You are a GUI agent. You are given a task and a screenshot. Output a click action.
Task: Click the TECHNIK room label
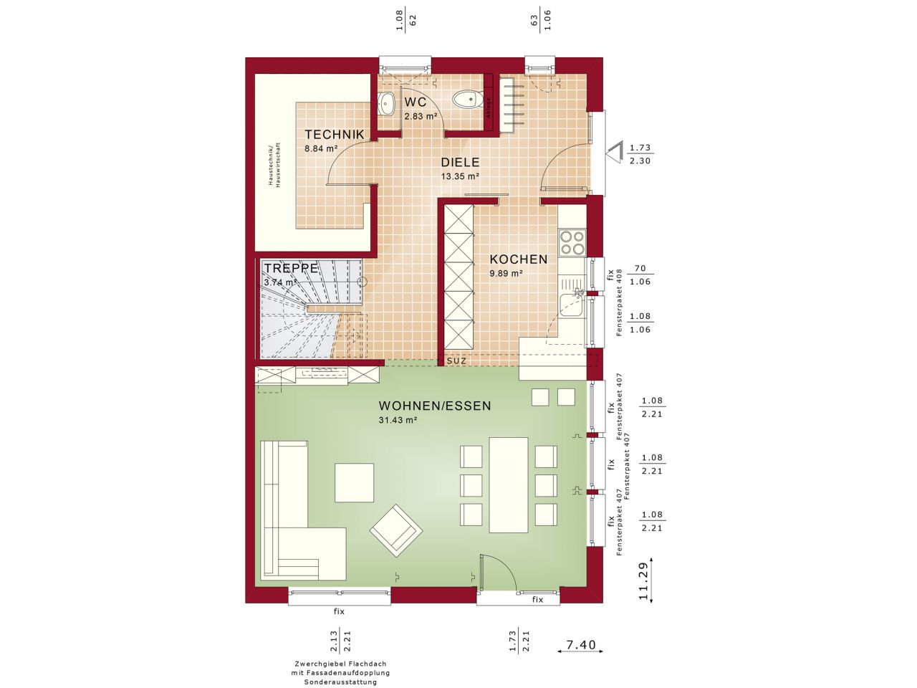click(335, 134)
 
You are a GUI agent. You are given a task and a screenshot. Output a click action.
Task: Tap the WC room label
click(416, 102)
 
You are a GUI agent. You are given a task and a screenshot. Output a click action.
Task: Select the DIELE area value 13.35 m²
click(460, 176)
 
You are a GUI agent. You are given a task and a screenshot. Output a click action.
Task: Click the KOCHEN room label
click(518, 259)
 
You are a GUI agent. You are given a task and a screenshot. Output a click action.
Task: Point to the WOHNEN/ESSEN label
click(435, 406)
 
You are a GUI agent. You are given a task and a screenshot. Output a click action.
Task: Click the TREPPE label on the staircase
click(291, 268)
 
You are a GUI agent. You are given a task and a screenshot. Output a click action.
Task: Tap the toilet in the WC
click(469, 99)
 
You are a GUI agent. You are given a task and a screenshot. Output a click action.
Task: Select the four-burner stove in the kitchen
click(572, 242)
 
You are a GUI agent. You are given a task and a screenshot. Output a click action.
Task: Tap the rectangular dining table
click(509, 484)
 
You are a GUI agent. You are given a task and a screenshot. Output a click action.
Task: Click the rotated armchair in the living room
click(396, 530)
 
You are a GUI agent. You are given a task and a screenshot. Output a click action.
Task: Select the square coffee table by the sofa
click(354, 483)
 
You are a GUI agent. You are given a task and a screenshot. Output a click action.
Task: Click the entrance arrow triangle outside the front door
click(614, 152)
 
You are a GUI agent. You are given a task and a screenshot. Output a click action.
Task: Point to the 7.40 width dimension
click(581, 646)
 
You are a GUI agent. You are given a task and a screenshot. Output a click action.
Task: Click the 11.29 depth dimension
click(643, 580)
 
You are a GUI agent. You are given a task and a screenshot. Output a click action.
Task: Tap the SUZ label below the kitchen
click(456, 361)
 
